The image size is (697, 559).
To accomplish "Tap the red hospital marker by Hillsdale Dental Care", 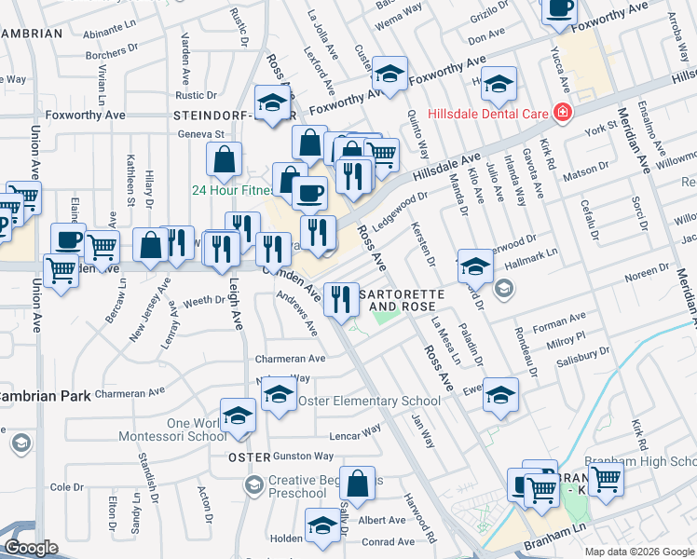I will click(x=562, y=114).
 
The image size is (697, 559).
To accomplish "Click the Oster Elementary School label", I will click(x=368, y=402).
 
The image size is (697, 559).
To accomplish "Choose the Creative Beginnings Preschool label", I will click(x=319, y=486).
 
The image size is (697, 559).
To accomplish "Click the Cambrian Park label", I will click(x=45, y=396).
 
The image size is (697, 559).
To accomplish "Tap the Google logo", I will click(x=31, y=548).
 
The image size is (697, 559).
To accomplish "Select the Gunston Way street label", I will click(x=303, y=457).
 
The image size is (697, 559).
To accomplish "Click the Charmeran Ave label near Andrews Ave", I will click(x=290, y=358).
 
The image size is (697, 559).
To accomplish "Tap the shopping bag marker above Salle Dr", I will click(x=358, y=484).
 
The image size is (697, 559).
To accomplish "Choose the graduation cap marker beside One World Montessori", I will click(x=238, y=415).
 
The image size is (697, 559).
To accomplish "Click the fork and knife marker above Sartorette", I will click(x=342, y=297).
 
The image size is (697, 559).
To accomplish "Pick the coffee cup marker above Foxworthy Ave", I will click(x=559, y=9).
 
